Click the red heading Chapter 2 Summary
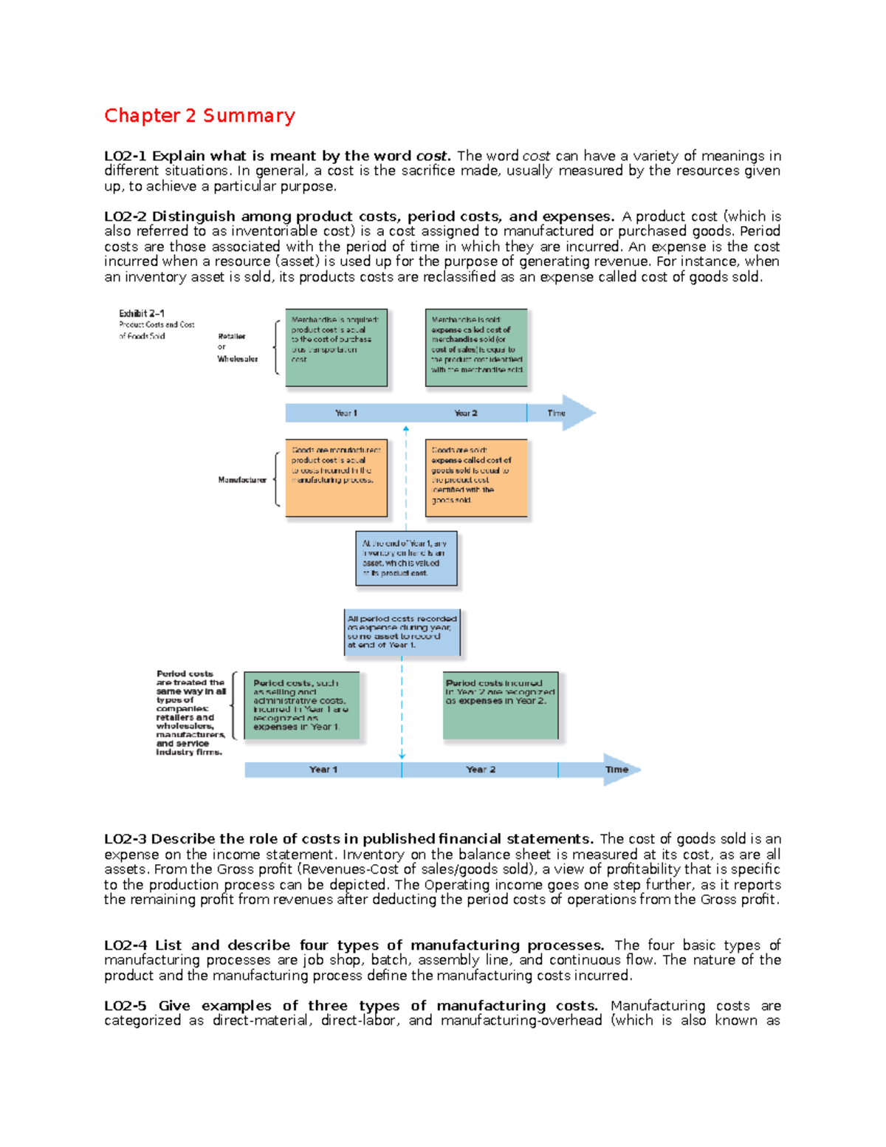pos(199,116)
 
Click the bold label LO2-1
pos(126,156)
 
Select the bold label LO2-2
pos(126,216)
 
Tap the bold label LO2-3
pos(126,839)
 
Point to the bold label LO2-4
pos(126,945)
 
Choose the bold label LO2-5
pos(126,1006)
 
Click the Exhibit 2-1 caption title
pos(142,313)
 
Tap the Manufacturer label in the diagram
pos(242,480)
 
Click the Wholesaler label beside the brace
pos(238,359)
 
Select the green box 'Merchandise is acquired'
pos(336,347)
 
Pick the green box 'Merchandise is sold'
pos(476,347)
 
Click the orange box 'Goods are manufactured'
pos(336,478)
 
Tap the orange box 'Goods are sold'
pos(476,478)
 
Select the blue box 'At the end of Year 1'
pos(406,558)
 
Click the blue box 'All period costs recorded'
pos(402,632)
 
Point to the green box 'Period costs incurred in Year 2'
pos(501,705)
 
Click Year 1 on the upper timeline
pos(346,413)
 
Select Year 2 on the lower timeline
pos(481,770)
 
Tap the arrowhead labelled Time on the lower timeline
pos(619,770)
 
